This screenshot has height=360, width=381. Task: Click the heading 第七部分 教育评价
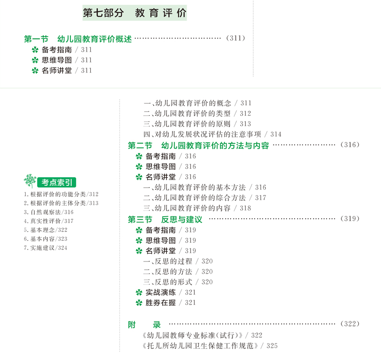(135, 13)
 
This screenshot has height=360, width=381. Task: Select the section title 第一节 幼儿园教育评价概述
(78, 39)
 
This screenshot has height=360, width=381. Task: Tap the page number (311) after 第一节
(235, 38)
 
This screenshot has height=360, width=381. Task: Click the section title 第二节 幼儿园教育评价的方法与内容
(198, 145)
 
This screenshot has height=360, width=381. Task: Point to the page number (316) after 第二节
(350, 145)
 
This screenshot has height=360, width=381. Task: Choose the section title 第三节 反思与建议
(165, 219)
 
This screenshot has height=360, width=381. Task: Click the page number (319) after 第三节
(350, 219)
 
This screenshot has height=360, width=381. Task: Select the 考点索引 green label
(57, 182)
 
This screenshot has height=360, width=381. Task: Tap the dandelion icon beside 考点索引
(30, 181)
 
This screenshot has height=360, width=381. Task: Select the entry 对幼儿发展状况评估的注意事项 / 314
(212, 135)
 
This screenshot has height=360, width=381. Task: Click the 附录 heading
(144, 324)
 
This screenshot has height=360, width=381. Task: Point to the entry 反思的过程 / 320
(178, 261)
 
